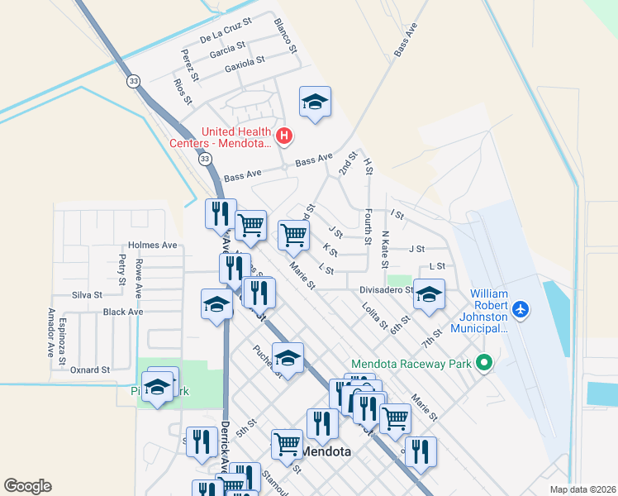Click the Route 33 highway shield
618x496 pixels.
point(133,81)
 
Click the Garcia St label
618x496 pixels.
point(227,50)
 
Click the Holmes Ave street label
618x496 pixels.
point(153,246)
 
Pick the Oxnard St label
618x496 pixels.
point(90,370)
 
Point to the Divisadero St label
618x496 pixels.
point(386,290)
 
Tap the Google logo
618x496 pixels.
point(28,486)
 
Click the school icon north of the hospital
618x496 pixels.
point(315,103)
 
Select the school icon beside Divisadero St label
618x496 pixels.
point(429,295)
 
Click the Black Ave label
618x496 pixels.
point(123,312)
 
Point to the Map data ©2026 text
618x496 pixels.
point(582,489)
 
